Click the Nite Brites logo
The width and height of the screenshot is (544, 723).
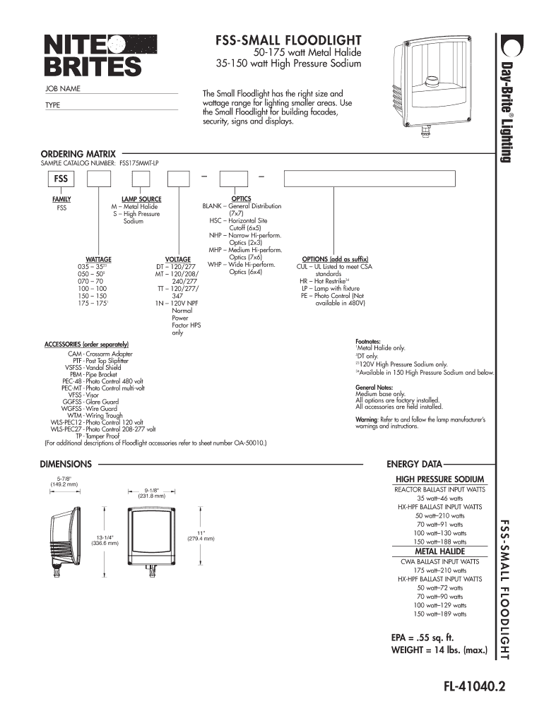tap(93, 54)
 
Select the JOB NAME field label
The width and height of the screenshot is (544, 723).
tap(63, 88)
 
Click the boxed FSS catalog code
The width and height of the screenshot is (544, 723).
tap(61, 179)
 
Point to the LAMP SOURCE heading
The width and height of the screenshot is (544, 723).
tap(141, 199)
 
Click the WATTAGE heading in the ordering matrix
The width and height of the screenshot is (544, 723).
tap(98, 260)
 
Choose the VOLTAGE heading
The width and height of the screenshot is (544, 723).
tap(178, 260)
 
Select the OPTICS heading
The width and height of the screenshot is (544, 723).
tap(242, 199)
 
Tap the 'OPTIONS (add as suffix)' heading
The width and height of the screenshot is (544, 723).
tap(335, 259)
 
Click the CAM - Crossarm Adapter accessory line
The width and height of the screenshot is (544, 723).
tap(100, 353)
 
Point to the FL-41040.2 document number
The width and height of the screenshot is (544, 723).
tap(465, 686)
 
